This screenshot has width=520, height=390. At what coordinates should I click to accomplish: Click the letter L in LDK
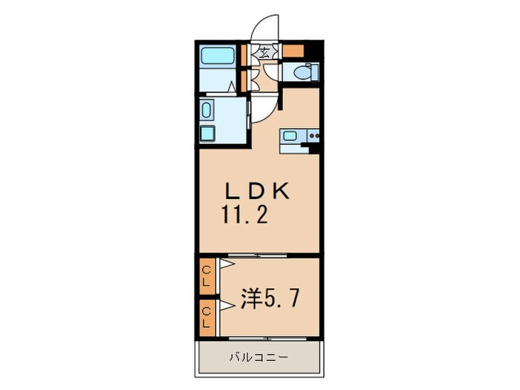point(232,192)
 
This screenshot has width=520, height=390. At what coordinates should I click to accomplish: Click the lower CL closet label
point(207,316)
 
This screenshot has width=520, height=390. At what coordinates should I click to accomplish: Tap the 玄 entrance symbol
point(264,52)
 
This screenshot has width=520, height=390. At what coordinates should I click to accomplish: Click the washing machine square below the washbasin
point(207,134)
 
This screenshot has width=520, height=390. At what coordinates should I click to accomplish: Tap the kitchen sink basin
point(290,136)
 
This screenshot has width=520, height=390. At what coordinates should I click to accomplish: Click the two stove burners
point(313,136)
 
